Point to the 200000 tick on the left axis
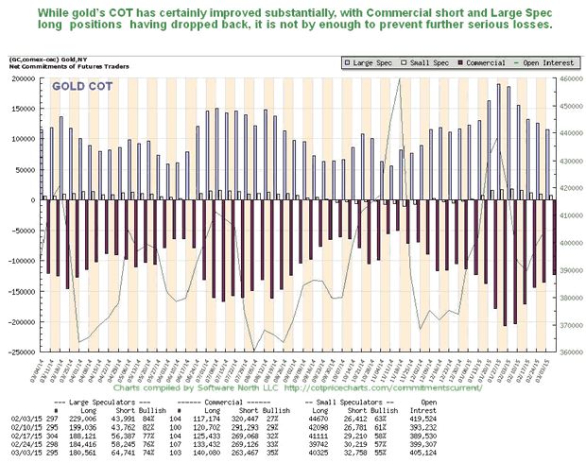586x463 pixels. coord(19,78)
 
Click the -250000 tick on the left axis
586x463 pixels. coord(19,352)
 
